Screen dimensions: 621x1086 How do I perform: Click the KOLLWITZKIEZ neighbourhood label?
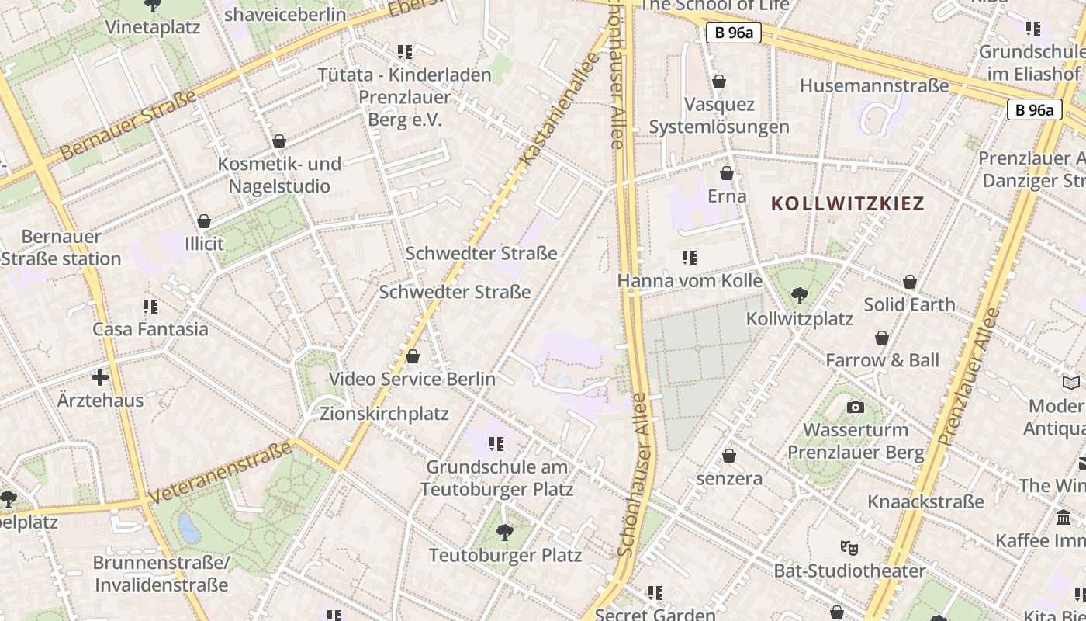848,204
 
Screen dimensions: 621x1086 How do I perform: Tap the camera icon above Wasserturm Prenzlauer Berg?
855,407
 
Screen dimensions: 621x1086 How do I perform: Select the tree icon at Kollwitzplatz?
799,296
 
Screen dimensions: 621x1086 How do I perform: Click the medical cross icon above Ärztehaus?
100,378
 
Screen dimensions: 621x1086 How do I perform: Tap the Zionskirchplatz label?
384,414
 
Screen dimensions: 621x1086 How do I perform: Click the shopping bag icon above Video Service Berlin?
413,356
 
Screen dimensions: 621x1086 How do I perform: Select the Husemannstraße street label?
874,85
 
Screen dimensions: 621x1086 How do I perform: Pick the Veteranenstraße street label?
220,472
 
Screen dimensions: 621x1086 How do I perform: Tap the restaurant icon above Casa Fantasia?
150,307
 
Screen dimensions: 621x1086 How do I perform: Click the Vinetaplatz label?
153,27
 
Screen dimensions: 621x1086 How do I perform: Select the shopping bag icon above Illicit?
204,221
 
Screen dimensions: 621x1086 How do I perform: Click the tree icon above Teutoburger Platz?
505,533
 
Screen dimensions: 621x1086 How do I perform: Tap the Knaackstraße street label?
925,501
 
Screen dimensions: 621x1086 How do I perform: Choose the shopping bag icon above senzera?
729,456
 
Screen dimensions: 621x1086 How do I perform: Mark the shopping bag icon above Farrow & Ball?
882,338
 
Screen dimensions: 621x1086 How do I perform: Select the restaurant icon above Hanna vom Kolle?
689,257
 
